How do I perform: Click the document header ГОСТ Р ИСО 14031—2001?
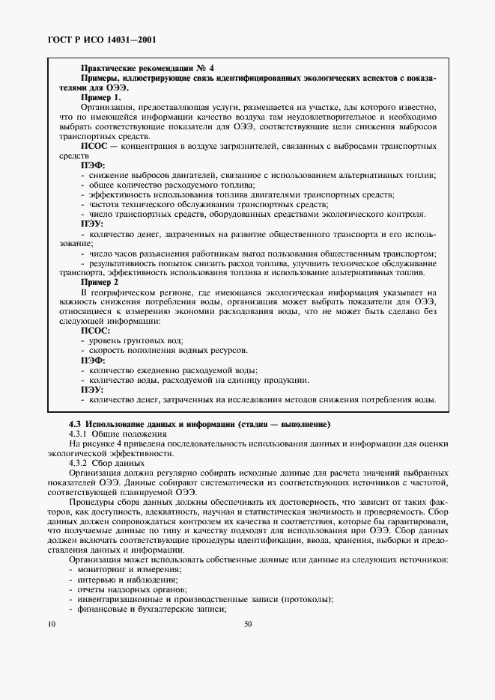pyautogui.click(x=101, y=38)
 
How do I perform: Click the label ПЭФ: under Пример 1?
pyautogui.click(x=93, y=165)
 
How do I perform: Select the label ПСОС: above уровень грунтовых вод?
pyautogui.click(x=95, y=330)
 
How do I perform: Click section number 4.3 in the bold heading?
pyautogui.click(x=75, y=424)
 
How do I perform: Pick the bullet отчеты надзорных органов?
pyautogui.click(x=128, y=589)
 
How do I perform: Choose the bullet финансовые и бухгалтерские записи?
pyautogui.click(x=151, y=609)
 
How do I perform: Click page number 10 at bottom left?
pyautogui.click(x=51, y=623)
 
